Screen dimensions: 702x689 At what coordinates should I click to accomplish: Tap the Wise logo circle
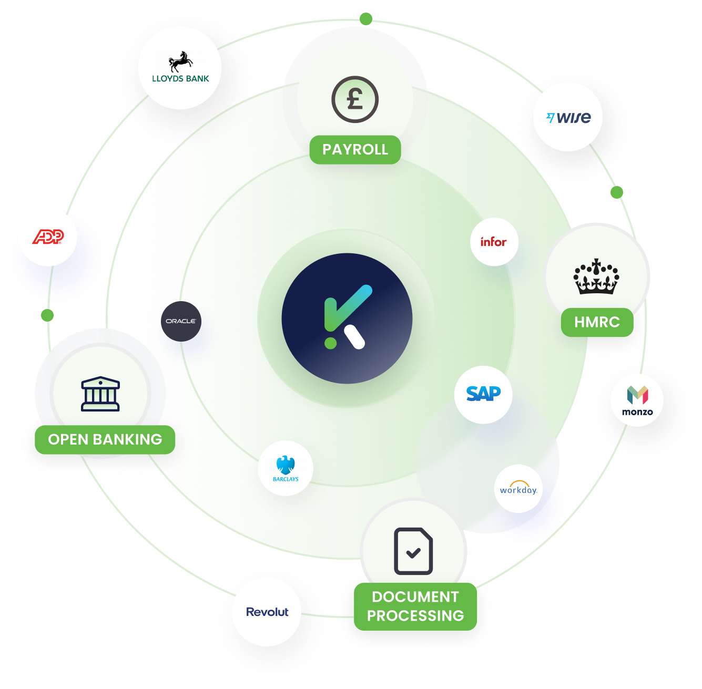568,117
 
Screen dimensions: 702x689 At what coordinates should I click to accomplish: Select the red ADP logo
48,237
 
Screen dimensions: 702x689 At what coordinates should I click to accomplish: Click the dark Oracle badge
181,321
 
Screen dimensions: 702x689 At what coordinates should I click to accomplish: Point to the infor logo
494,242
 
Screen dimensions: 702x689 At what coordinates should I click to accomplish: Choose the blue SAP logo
483,394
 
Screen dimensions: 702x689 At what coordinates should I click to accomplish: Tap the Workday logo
518,489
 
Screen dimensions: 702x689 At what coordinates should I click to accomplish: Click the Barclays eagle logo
286,468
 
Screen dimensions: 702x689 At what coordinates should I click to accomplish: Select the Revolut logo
267,612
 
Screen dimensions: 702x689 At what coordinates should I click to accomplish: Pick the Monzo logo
637,400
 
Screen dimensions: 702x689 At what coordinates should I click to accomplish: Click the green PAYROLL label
355,150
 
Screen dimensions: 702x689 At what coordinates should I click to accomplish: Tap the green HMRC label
597,322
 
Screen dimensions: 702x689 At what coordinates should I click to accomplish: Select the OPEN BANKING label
105,439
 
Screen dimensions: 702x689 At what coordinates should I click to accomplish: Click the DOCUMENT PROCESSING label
415,606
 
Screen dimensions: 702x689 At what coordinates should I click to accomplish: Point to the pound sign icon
355,99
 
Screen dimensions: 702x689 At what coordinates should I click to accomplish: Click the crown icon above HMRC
596,276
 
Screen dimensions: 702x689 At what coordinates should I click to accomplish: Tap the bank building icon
100,394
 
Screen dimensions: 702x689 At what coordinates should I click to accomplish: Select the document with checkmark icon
413,551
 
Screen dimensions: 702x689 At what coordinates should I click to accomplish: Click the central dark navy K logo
347,318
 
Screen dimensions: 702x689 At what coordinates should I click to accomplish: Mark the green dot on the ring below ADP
47,315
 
